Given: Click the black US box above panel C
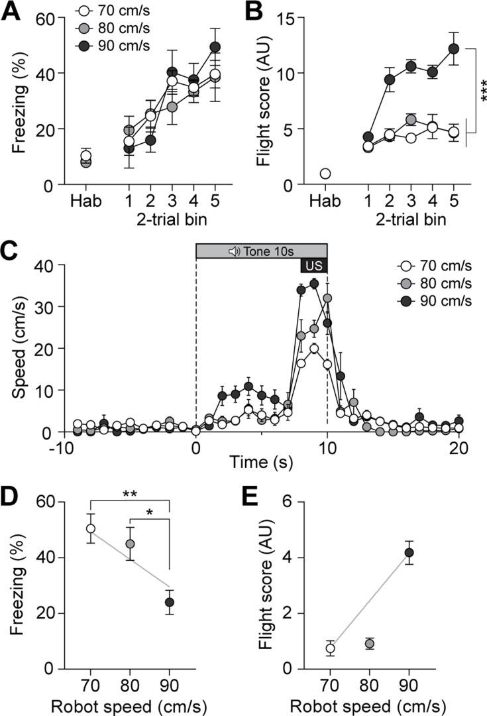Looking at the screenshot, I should click(313, 265).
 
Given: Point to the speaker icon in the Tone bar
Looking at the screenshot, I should click(233, 251).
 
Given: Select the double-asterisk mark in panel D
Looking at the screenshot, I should click(130, 493).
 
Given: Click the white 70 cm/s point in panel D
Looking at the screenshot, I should click(91, 528).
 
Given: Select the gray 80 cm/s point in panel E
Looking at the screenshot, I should click(370, 644).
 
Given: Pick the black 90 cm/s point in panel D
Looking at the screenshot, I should click(170, 602).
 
